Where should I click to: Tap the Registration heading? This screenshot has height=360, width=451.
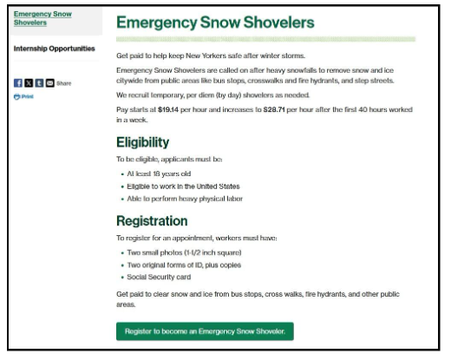[x=157, y=221]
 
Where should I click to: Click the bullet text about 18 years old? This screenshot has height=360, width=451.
[x=160, y=173]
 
